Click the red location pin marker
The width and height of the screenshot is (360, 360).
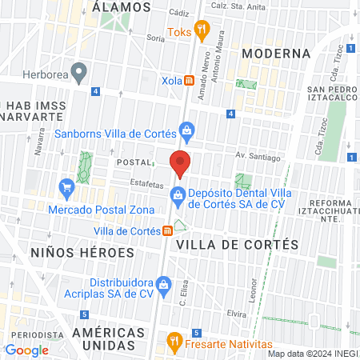click(x=181, y=162)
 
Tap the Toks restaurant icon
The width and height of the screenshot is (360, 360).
click(x=202, y=32)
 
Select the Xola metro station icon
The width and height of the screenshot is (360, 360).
click(x=190, y=81)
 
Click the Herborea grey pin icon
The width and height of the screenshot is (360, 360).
click(x=78, y=74)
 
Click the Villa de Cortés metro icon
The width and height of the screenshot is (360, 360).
click(x=167, y=231)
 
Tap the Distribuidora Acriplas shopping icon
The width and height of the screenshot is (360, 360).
click(x=163, y=283)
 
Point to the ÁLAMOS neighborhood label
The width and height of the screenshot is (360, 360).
click(x=122, y=6)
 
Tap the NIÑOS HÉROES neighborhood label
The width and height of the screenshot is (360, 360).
click(x=82, y=252)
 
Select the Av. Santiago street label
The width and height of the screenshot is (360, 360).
click(x=258, y=157)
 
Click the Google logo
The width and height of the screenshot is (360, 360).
click(x=26, y=350)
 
